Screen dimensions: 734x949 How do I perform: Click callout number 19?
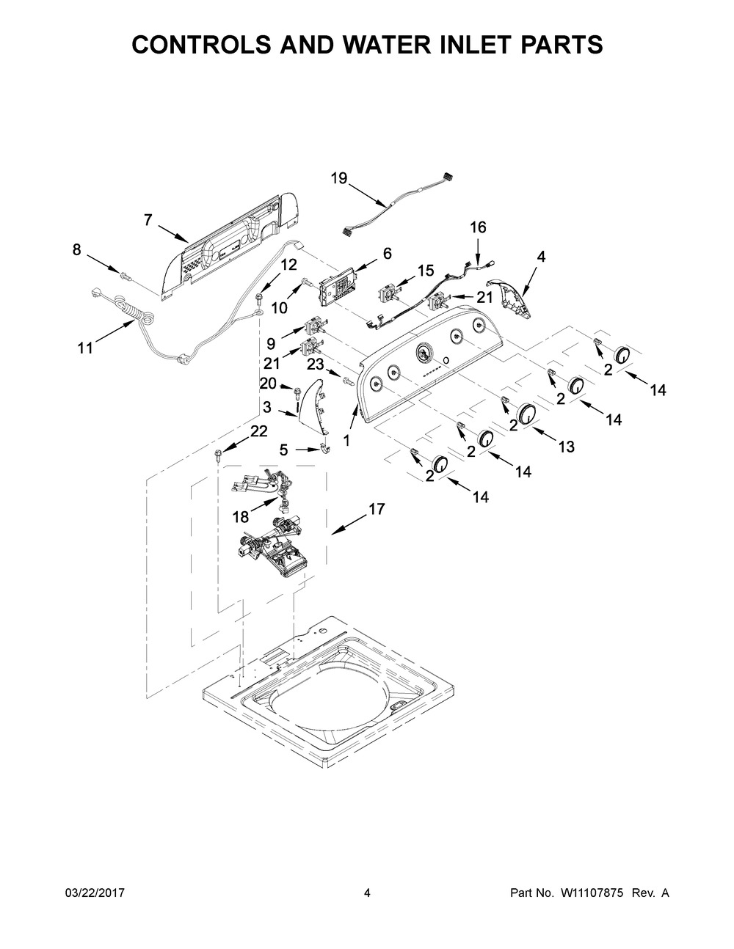tap(338, 178)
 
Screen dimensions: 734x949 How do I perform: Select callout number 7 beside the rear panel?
tap(148, 219)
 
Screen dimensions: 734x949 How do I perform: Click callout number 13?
tap(565, 447)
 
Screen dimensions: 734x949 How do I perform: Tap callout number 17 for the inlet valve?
tap(377, 508)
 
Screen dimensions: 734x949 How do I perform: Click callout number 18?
tap(241, 516)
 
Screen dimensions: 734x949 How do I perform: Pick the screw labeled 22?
tap(219, 456)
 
